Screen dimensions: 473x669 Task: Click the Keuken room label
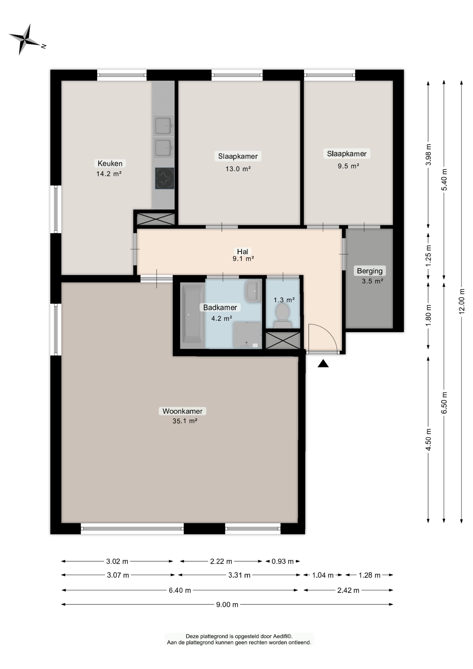tap(110, 163)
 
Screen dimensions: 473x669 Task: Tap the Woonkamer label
tap(182, 411)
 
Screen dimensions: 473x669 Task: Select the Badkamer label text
tap(220, 307)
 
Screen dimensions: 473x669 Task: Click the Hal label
tap(243, 251)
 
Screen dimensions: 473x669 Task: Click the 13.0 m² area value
tap(238, 169)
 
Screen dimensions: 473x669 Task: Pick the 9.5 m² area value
tap(348, 166)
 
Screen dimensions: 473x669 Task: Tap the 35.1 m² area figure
tap(185, 421)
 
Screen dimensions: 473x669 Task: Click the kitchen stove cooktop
tap(164, 178)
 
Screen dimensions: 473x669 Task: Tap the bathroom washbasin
tap(253, 291)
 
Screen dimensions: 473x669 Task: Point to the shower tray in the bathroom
tap(247, 335)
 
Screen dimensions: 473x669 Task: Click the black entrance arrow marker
tap(323, 363)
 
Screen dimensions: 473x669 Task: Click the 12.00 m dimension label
tap(461, 301)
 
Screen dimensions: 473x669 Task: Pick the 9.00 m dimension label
tap(227, 605)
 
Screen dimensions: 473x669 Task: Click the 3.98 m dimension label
tap(428, 155)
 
